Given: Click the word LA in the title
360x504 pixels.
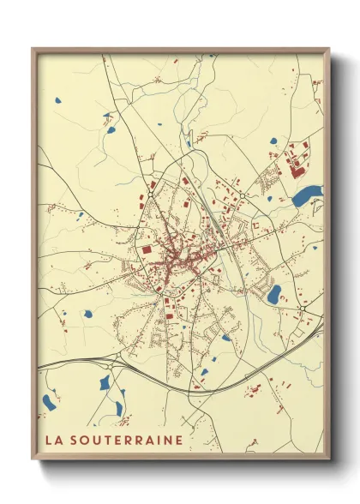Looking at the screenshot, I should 53,441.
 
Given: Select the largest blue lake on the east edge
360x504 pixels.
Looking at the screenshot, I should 307,197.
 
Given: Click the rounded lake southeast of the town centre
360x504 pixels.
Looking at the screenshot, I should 273,295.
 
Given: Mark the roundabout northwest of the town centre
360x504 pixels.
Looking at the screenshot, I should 151,195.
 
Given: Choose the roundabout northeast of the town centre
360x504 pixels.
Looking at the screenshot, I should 243,195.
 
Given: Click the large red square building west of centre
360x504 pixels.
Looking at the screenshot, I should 147,249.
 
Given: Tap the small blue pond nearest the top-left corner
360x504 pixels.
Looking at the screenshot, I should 57,99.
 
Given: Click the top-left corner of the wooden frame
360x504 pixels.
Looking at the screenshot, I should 33,50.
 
